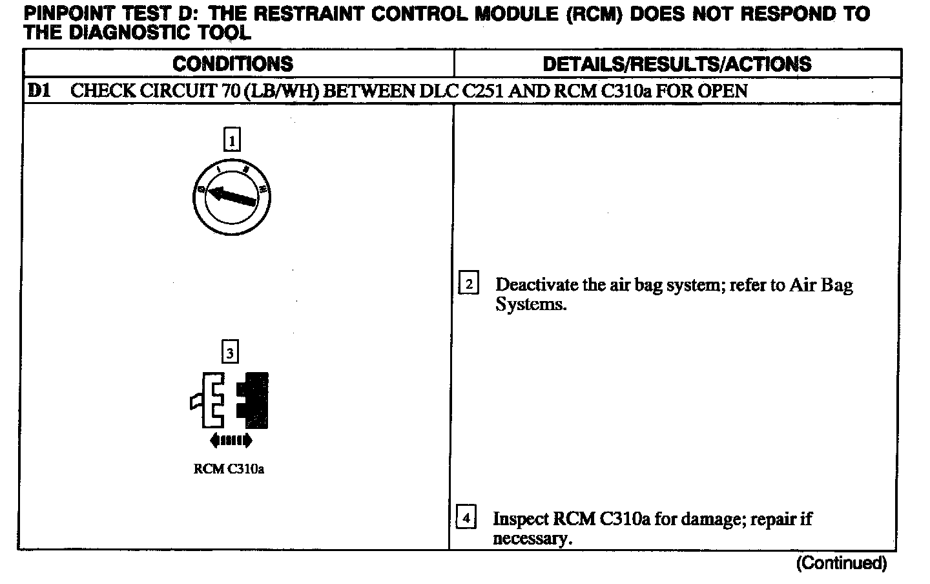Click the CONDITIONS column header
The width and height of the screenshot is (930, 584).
[232, 64]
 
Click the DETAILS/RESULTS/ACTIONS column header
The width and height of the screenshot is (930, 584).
[677, 64]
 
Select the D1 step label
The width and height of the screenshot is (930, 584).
[38, 90]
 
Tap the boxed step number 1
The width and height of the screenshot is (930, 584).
[232, 140]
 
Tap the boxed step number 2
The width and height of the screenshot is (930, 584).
[468, 284]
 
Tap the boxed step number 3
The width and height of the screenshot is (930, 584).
[230, 353]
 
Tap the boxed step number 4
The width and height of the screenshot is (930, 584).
[466, 518]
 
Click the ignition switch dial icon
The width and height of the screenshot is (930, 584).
[232, 197]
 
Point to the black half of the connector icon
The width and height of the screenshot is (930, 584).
[254, 401]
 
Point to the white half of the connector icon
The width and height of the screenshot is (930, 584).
[210, 401]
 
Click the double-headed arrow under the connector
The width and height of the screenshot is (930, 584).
[231, 441]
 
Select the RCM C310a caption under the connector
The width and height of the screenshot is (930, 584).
[229, 469]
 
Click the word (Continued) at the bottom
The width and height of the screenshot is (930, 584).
[841, 563]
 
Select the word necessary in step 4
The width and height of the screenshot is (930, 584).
[532, 539]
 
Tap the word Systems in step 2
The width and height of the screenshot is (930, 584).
[530, 304]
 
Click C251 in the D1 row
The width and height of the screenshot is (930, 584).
[484, 90]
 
